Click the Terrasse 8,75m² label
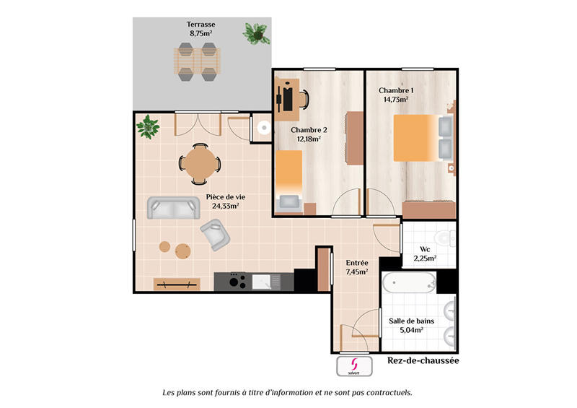click(202, 28)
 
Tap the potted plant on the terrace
click(254, 32)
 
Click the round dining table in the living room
click(199, 162)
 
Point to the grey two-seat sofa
click(173, 208)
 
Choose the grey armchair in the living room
click(214, 235)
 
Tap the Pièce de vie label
click(225, 201)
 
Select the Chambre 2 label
click(309, 130)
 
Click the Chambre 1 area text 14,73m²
click(395, 100)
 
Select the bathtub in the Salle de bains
click(408, 282)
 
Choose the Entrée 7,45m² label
click(357, 267)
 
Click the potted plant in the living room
click(148, 126)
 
